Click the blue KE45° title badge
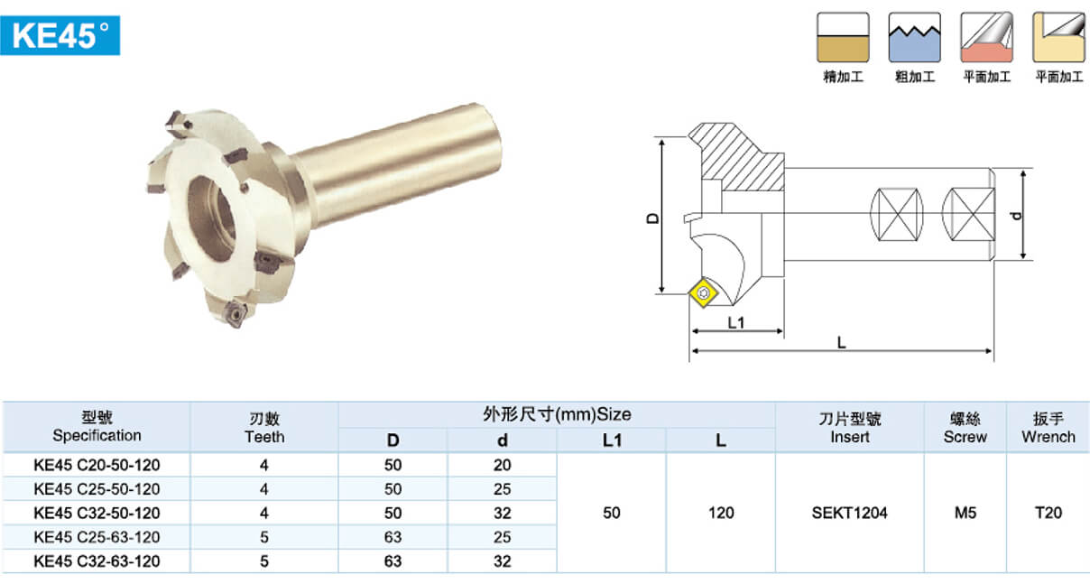[60, 35]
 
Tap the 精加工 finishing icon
[843, 38]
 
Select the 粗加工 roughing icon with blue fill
[914, 38]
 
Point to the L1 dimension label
[735, 322]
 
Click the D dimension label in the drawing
[653, 218]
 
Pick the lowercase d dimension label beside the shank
[1016, 216]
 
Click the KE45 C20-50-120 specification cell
[97, 465]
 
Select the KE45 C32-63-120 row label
[97, 561]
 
